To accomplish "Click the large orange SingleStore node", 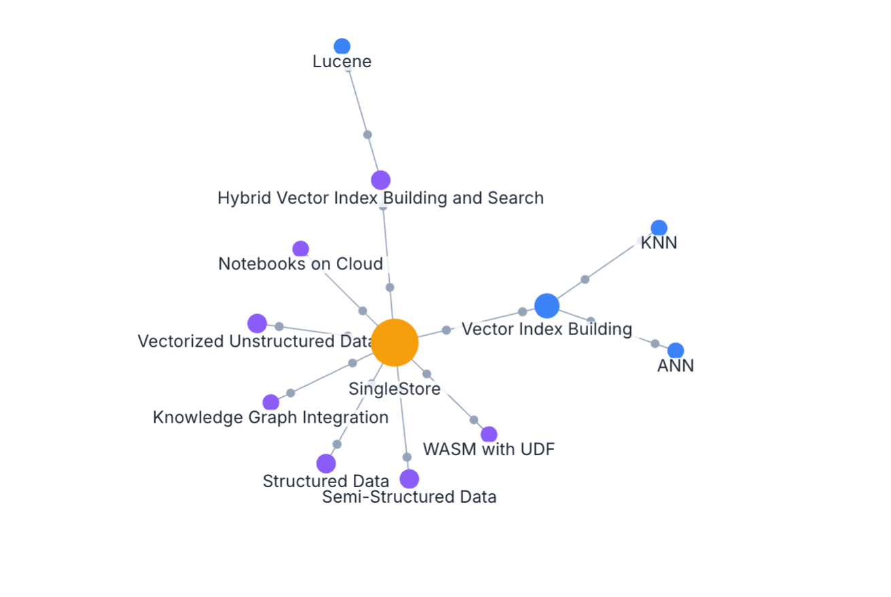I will coord(395,343).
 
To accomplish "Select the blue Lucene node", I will coord(342,46).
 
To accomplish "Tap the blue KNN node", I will coord(659,228).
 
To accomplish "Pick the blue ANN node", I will coord(675,351).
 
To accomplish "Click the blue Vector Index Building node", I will coord(547,306).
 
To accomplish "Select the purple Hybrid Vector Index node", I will coord(380,180).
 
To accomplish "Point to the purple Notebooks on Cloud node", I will coord(301,249).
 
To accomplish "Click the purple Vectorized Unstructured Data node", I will coord(257,324).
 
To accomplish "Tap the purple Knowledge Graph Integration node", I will coord(271,402).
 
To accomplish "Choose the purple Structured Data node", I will coord(326,463).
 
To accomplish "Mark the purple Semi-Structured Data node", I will coord(409,479).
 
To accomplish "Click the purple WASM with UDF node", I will coord(489,434).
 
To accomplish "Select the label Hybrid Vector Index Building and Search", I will coord(380,198).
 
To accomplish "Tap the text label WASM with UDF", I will coord(489,449).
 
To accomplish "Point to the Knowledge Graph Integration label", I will coord(270,417).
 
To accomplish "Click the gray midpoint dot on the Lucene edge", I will coord(367,134).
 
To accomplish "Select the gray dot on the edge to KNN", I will coord(585,279).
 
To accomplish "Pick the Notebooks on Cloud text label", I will coord(300,264).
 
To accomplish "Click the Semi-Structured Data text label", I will coord(409,497).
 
